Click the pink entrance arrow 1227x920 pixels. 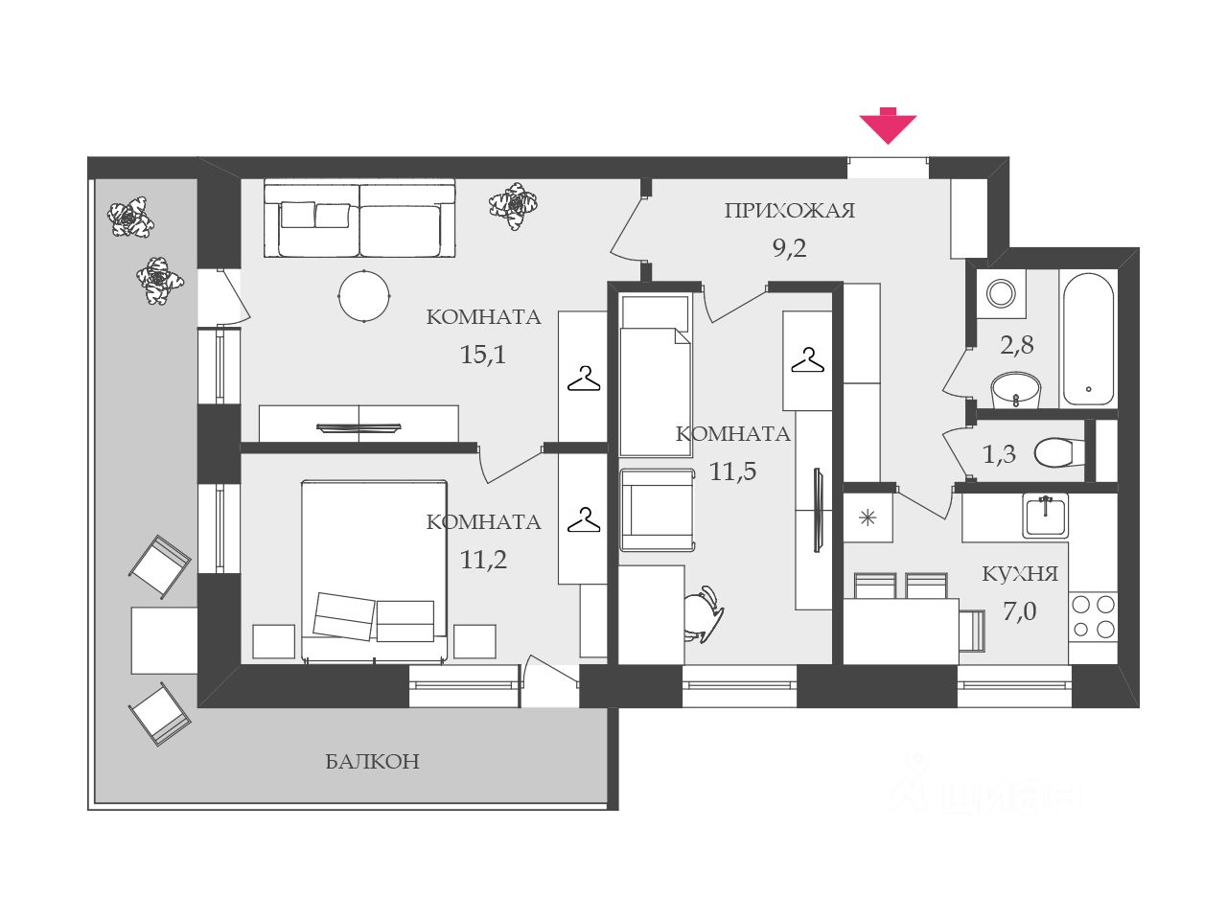(888, 126)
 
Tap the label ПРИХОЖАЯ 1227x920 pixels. (789, 211)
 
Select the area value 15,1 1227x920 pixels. (483, 355)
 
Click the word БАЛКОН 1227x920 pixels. (372, 762)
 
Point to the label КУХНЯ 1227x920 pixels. (1020, 574)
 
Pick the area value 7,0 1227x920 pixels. (1020, 610)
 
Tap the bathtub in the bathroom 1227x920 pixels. (1088, 338)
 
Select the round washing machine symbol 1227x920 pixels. (1002, 292)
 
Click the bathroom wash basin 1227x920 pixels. (1015, 389)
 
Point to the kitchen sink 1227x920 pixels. (1045, 516)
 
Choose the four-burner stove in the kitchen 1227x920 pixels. (1093, 616)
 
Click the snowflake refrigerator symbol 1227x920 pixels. (868, 518)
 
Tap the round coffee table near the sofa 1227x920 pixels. (364, 297)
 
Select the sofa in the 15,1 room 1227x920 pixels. (359, 218)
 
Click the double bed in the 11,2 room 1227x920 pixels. (375, 571)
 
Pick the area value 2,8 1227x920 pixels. (1017, 345)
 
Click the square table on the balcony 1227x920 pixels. (164, 639)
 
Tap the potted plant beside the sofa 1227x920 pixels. (513, 205)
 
